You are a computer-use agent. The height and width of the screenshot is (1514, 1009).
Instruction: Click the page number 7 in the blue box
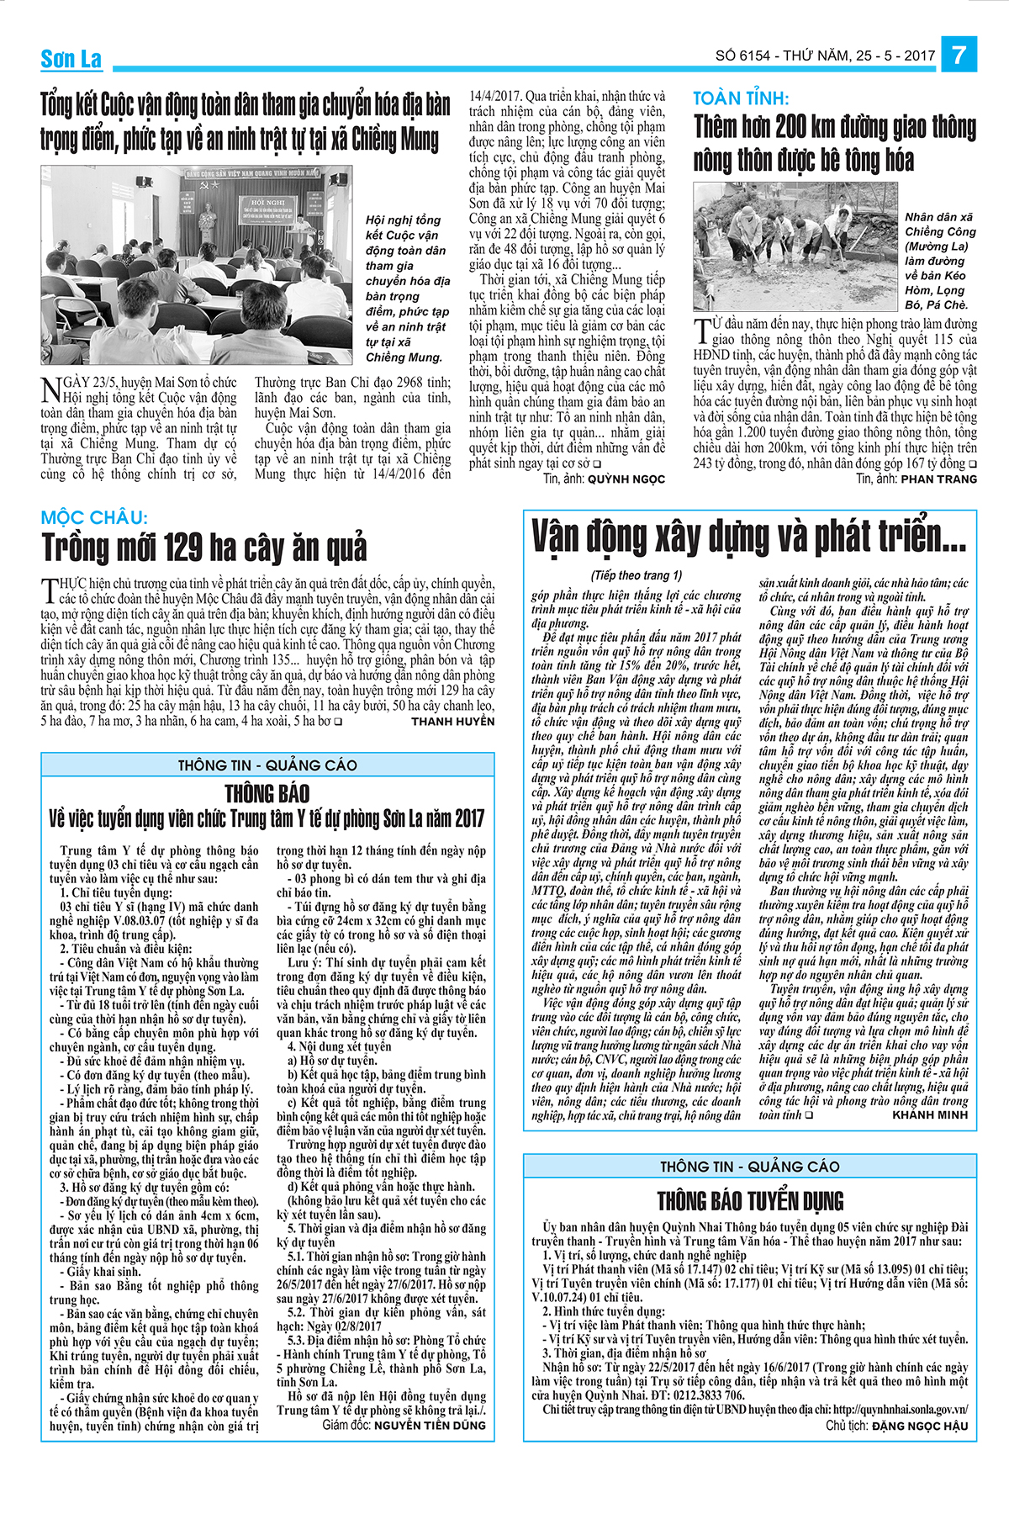click(959, 56)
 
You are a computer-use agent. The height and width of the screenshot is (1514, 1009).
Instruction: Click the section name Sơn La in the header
click(71, 59)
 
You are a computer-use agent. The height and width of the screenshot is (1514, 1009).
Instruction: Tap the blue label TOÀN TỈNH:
click(741, 98)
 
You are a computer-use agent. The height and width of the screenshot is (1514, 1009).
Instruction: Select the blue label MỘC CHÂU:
click(94, 516)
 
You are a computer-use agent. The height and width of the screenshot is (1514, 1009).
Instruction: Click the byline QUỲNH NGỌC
click(626, 479)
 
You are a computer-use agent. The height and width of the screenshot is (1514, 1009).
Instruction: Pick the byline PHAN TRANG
click(939, 479)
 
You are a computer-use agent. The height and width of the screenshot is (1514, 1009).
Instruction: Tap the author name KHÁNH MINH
click(931, 1114)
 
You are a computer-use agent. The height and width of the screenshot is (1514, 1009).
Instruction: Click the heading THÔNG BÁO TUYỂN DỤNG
click(750, 1200)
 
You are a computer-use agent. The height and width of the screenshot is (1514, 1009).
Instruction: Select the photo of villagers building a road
click(795, 247)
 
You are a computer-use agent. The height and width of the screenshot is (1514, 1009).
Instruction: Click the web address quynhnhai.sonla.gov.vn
click(901, 1409)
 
